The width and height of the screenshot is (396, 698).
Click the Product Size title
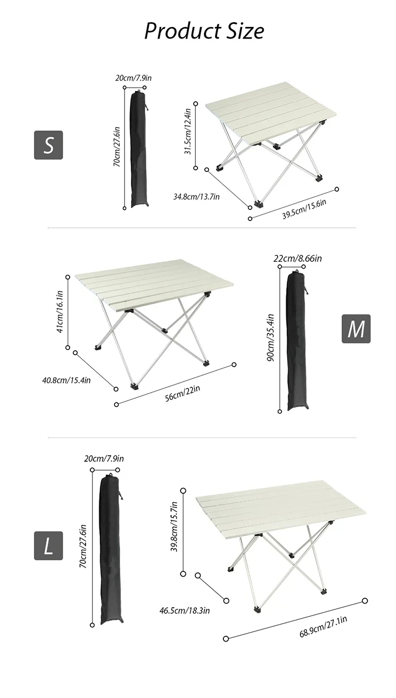tap(204, 31)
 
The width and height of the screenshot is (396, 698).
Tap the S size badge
tap(49, 145)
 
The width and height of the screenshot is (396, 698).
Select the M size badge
tap(356, 329)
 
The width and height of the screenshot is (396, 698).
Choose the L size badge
tap(49, 546)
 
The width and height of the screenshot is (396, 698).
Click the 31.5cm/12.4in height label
tap(188, 131)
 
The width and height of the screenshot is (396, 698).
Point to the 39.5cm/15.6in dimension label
tap(304, 209)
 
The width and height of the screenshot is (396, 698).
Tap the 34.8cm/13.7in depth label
tap(196, 197)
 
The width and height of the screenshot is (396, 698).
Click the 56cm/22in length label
tap(183, 394)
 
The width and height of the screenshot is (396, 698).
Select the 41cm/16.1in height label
tap(60, 312)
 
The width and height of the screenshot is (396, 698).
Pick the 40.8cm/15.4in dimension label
tap(67, 380)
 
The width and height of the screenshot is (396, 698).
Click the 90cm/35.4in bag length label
tap(270, 338)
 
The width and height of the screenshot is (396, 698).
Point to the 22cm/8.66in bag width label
tap(298, 259)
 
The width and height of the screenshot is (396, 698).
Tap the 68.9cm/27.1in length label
tap(323, 627)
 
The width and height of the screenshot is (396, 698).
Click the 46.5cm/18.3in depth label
tap(185, 610)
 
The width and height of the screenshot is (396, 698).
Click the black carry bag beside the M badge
tap(298, 341)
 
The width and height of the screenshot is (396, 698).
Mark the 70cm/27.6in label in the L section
tap(83, 546)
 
